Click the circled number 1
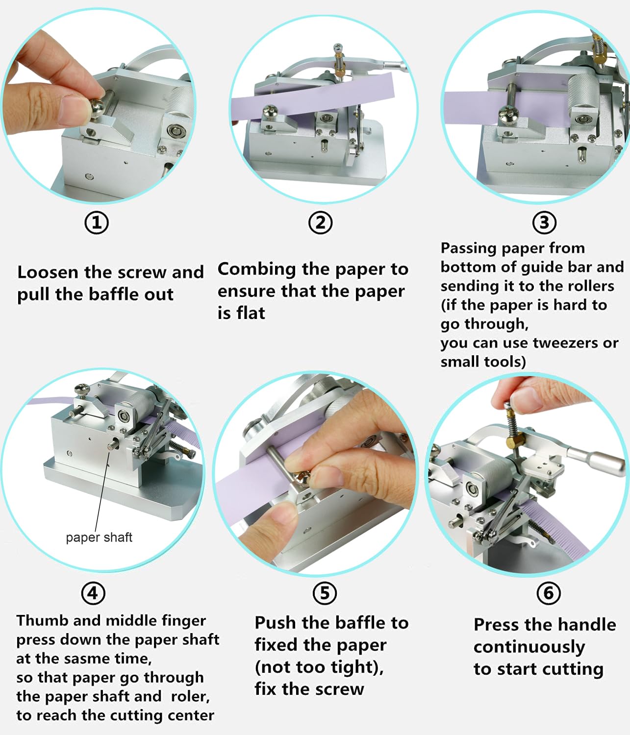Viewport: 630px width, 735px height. pos(97,223)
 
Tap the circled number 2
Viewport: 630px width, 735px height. pos(320,223)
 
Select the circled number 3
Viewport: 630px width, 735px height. pos(544,223)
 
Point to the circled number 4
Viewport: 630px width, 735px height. pos(93,593)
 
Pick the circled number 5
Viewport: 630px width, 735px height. pos(325,593)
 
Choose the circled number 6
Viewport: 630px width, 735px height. pos(549,593)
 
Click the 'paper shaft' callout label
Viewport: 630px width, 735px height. pos(99,538)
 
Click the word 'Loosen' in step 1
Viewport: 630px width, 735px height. pos(48,272)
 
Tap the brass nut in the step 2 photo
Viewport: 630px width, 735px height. pos(340,73)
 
